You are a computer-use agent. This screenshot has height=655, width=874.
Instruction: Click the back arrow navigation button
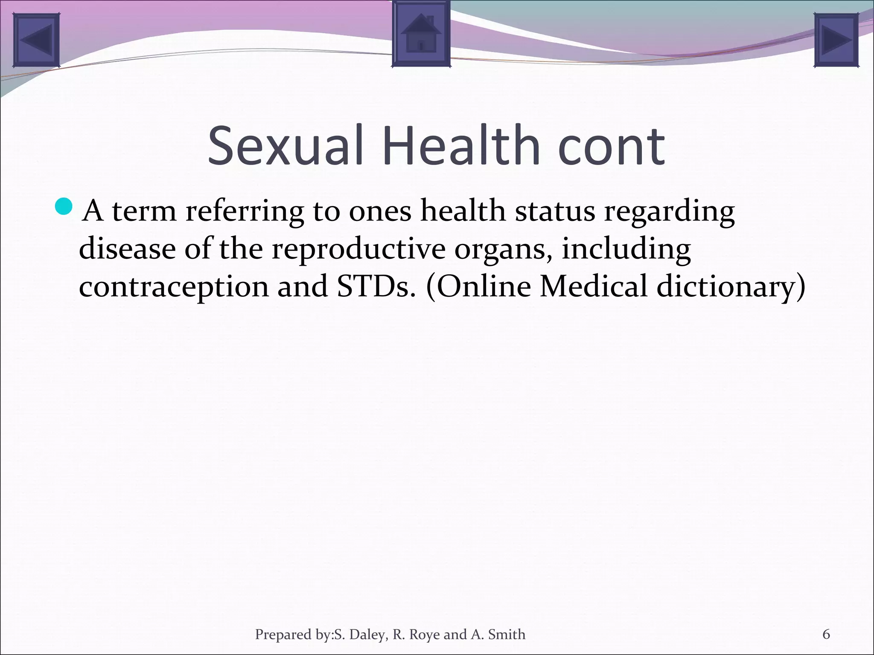(x=36, y=40)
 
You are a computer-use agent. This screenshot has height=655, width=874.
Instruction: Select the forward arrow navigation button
(x=836, y=40)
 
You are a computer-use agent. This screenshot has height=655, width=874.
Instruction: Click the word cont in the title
(x=611, y=146)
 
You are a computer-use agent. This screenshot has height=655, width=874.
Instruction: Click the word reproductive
(x=358, y=249)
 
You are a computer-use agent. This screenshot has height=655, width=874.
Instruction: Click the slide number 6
(x=826, y=635)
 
